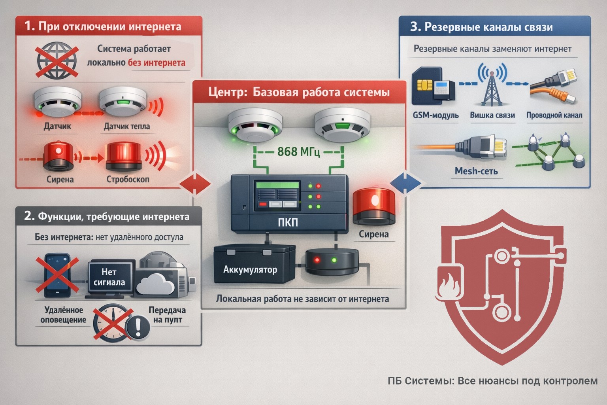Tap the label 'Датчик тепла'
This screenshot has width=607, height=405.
point(126,127)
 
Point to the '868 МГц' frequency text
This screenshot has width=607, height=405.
point(298,151)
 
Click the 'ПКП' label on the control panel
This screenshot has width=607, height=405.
point(288,223)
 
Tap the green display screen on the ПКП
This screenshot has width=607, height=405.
point(277,185)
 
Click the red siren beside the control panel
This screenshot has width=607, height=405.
point(373,205)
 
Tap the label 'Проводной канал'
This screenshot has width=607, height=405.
point(554,115)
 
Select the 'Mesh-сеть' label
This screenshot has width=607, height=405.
point(476,171)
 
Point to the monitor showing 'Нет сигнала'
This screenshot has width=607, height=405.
point(109,278)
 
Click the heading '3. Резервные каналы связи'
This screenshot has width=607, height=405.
point(481,27)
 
